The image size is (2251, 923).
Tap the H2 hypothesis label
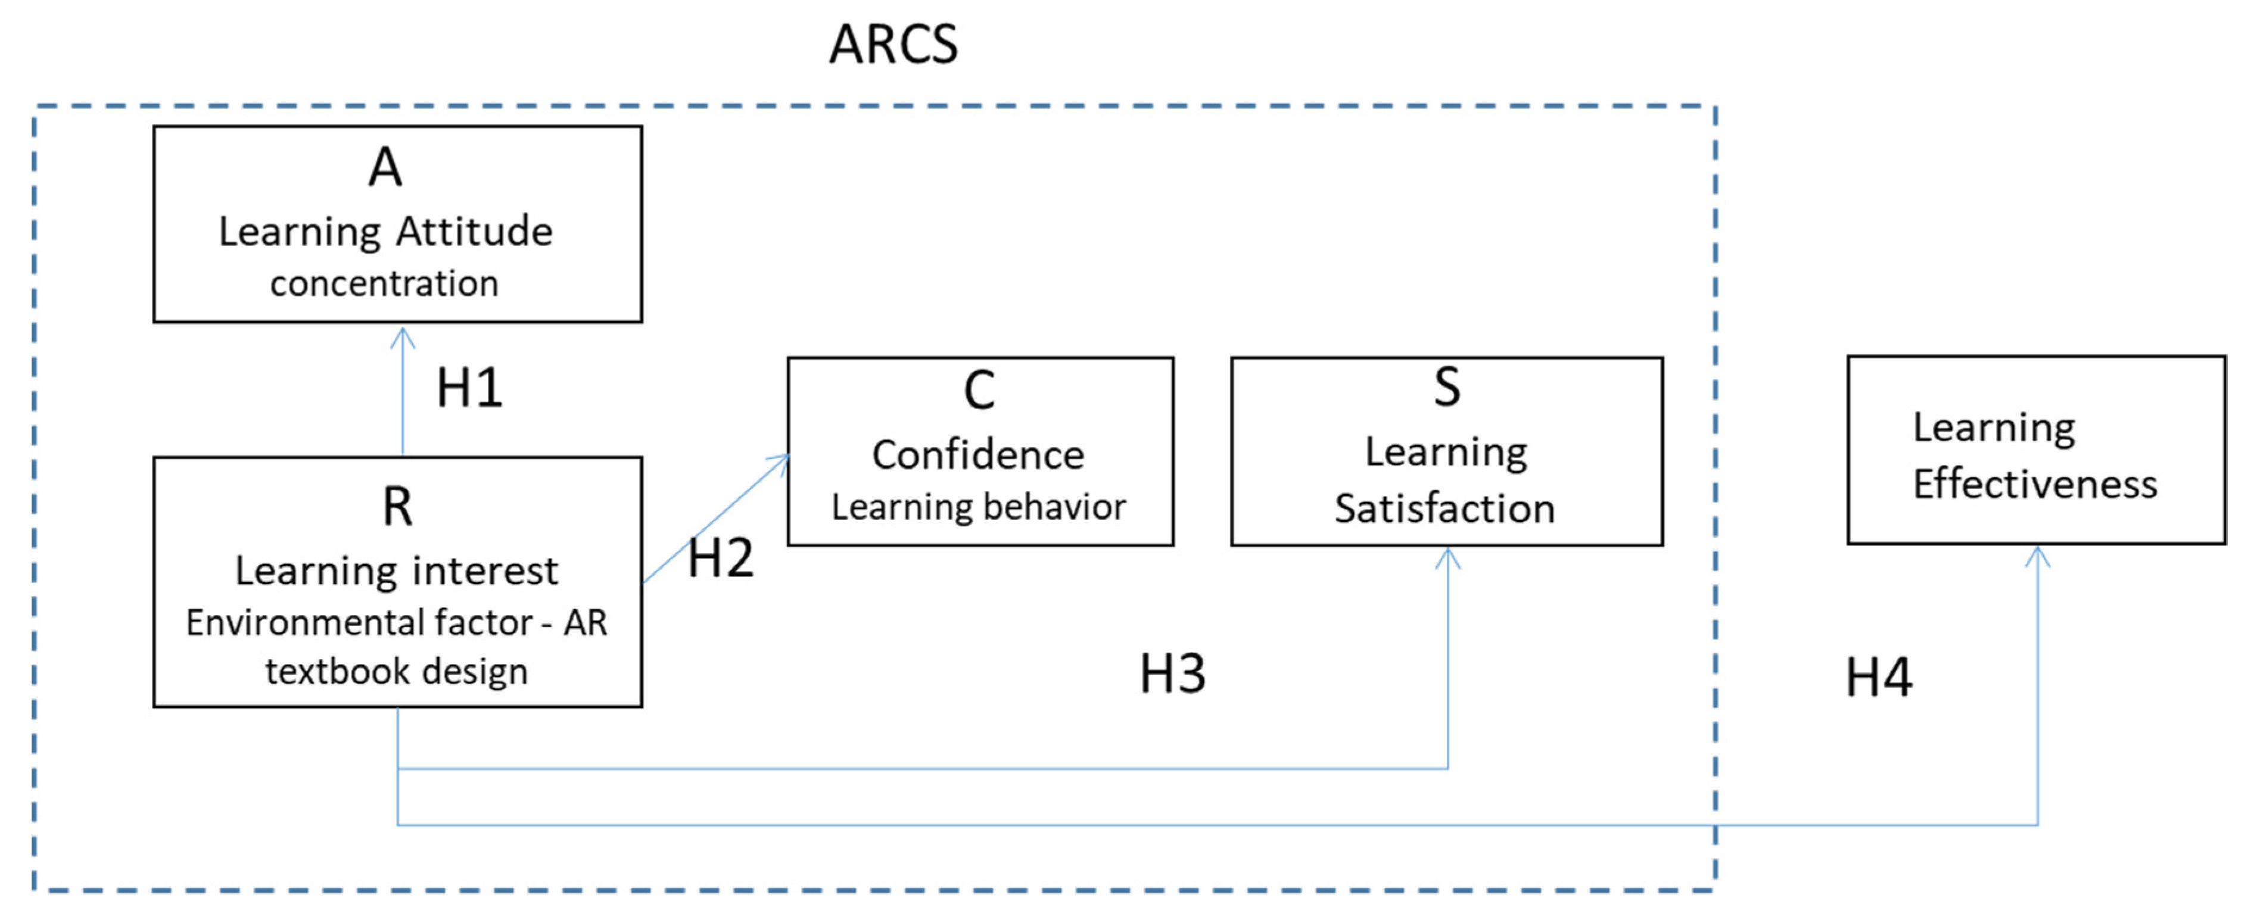pos(720,558)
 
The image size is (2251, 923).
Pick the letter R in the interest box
pos(397,507)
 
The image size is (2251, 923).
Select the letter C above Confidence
pos(979,390)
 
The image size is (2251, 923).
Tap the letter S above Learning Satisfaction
pos(1447,387)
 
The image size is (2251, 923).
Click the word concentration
pos(384,284)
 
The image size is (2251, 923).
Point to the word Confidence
pos(978,455)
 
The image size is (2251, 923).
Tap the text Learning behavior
pos(979,507)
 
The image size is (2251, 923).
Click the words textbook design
pos(397,672)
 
